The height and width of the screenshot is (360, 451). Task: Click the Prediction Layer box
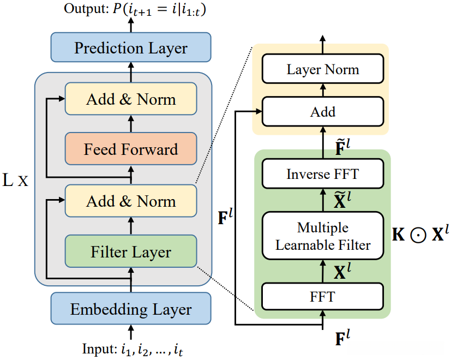131,47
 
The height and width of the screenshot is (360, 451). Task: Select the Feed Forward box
131,149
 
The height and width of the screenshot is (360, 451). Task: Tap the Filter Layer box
131,252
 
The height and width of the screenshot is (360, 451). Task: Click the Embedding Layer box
131,309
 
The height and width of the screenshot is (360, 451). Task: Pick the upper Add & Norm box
131,99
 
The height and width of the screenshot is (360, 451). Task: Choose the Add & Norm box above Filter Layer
131,201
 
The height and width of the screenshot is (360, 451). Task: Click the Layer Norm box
323,70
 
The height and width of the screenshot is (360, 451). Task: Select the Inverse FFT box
323,175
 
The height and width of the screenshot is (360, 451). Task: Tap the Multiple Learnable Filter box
323,236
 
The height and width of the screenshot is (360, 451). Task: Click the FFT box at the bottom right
323,297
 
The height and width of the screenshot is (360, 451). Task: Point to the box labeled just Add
323,112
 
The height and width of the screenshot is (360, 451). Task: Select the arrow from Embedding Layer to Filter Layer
131,279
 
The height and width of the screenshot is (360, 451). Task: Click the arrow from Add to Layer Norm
323,91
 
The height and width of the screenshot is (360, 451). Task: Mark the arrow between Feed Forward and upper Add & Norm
131,124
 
